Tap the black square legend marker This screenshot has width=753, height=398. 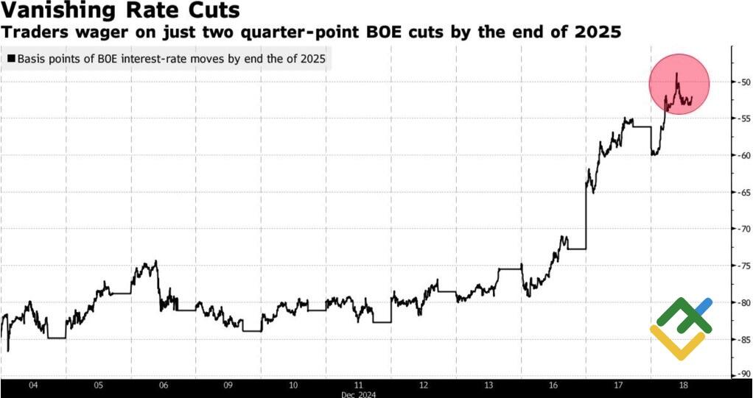point(11,58)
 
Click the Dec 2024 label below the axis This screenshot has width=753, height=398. point(358,394)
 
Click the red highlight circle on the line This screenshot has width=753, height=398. point(679,84)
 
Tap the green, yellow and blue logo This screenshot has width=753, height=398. point(682,328)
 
